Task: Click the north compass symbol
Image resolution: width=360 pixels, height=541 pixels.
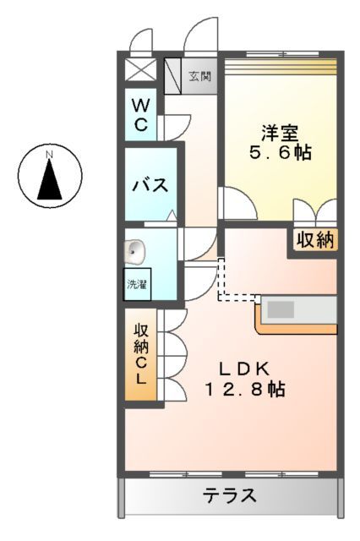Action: (50, 175)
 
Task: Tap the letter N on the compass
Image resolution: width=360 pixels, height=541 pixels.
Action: (50, 154)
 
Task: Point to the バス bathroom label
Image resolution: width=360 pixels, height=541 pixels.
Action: (149, 184)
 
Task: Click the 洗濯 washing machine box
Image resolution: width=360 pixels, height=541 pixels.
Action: (136, 285)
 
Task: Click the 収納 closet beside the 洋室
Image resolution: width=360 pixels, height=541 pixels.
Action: (314, 240)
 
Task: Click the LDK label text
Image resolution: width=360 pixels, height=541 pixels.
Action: (245, 369)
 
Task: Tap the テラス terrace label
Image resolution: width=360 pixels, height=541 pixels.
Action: (229, 496)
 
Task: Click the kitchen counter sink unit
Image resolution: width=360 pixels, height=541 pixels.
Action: (296, 311)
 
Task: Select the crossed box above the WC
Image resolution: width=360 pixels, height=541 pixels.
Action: (136, 69)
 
